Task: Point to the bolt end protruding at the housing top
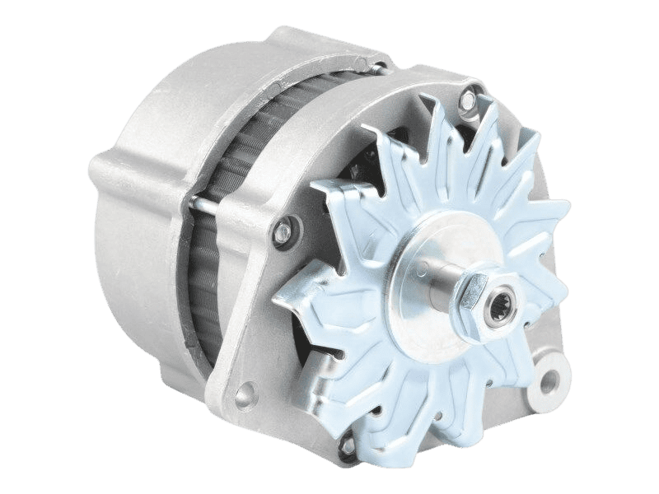pos(379,62)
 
